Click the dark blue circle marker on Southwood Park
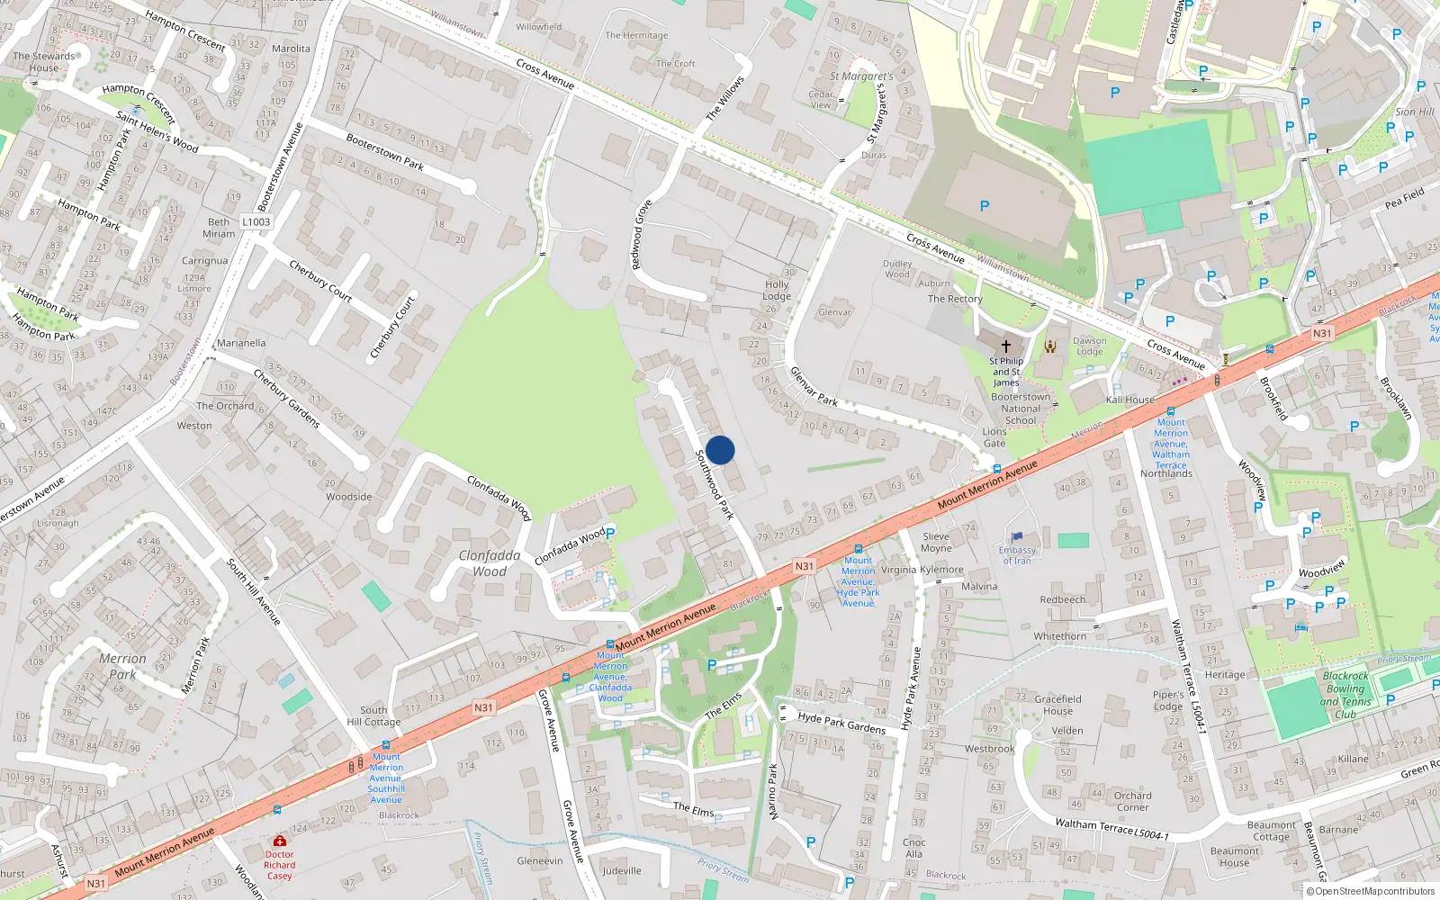720,450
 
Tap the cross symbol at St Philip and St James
1006,346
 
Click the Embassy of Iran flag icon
1017,537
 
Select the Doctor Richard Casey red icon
279,841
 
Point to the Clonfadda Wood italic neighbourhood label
490,563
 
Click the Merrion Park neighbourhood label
122,666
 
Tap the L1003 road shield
256,221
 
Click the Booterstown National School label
1021,409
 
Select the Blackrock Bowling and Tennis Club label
1345,695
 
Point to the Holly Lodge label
777,290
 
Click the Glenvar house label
834,312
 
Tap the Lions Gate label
994,437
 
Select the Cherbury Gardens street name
286,398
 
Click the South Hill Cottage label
373,715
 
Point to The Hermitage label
636,35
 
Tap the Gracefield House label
1057,705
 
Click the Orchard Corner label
1132,801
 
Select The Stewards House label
44,61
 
